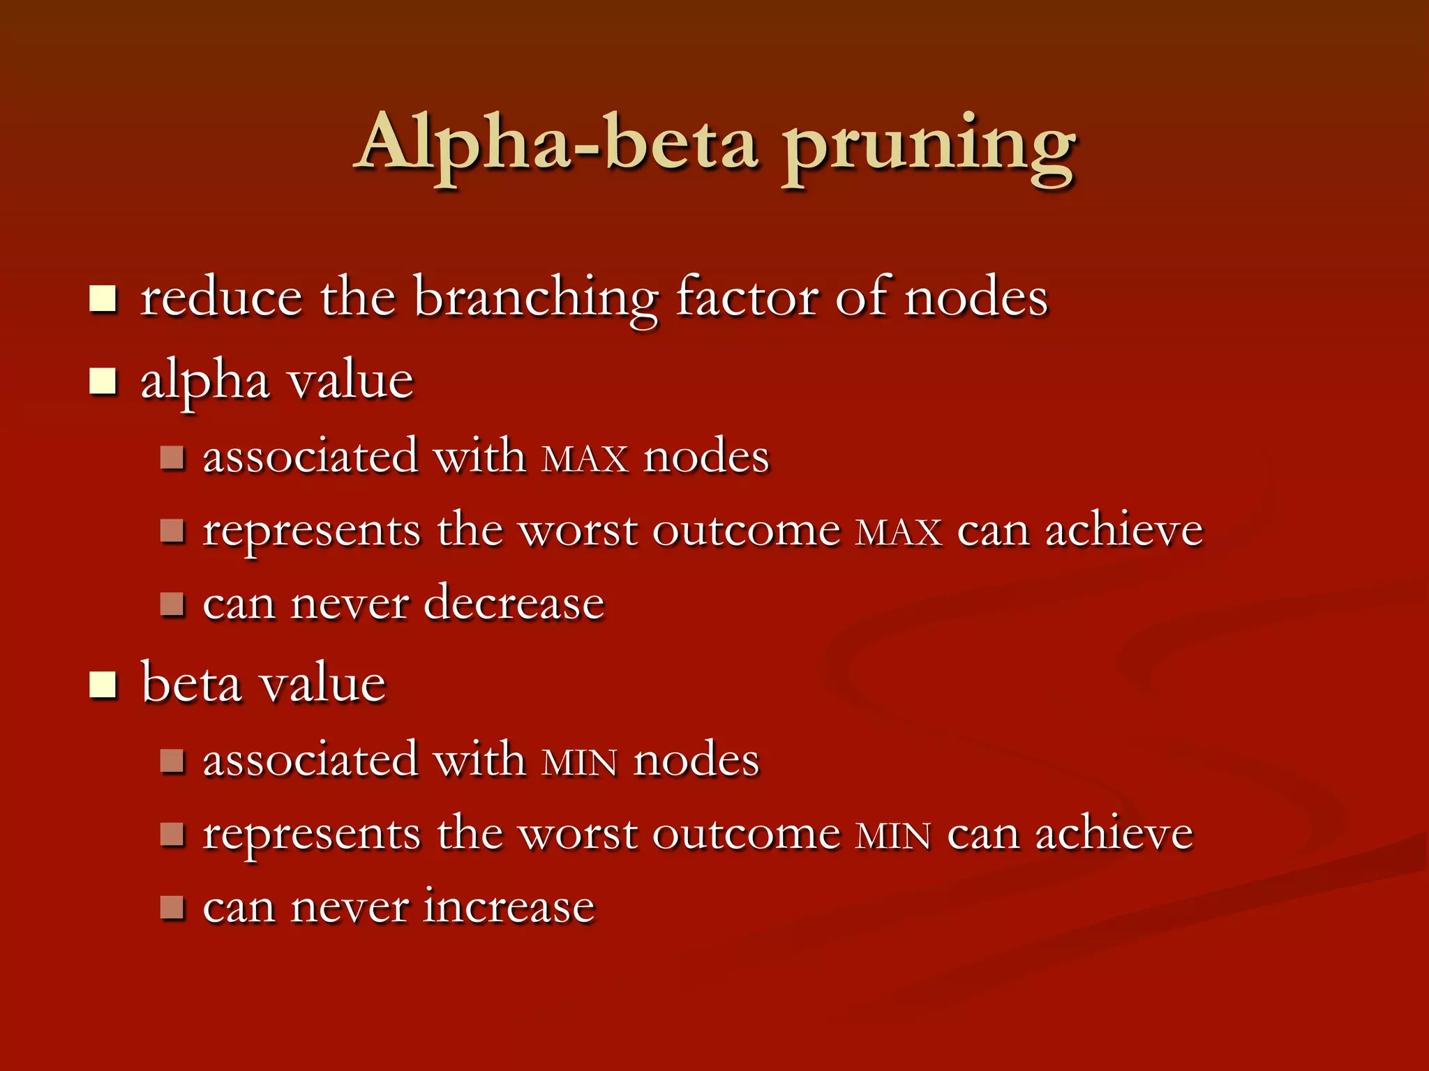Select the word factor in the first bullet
(x=747, y=297)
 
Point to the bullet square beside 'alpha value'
(x=103, y=381)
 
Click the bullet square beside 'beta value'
(x=103, y=685)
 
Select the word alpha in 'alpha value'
(x=204, y=382)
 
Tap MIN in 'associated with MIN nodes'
(x=579, y=762)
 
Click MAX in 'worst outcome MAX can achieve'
(x=899, y=533)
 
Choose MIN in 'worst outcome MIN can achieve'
(x=893, y=836)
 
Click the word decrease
(x=514, y=603)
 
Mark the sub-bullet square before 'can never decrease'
(x=172, y=604)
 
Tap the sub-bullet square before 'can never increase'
(x=172, y=907)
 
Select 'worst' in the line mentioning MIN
(x=578, y=835)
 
